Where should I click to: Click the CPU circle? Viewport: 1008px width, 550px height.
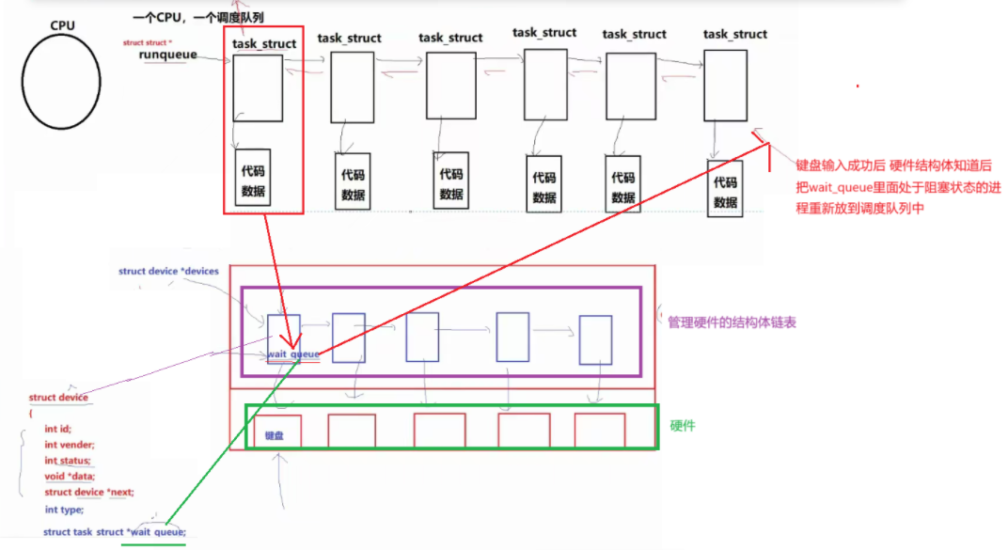[62, 81]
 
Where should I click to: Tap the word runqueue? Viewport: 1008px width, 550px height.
[167, 55]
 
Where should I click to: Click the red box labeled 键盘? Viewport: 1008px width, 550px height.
[276, 432]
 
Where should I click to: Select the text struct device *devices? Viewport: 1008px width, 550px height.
[168, 272]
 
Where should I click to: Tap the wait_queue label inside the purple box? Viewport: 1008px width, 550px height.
[293, 354]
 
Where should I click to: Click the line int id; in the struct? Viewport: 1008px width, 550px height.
[59, 429]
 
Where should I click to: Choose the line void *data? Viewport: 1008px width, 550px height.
[69, 477]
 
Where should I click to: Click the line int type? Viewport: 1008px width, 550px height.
[64, 510]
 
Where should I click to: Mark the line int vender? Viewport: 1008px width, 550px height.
[70, 445]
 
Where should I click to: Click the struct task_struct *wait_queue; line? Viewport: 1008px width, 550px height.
[115, 532]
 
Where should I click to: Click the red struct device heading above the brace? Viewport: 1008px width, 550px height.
[58, 398]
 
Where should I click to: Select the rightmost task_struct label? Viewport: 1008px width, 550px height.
[735, 34]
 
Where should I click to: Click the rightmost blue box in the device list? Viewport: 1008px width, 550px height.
[595, 339]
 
